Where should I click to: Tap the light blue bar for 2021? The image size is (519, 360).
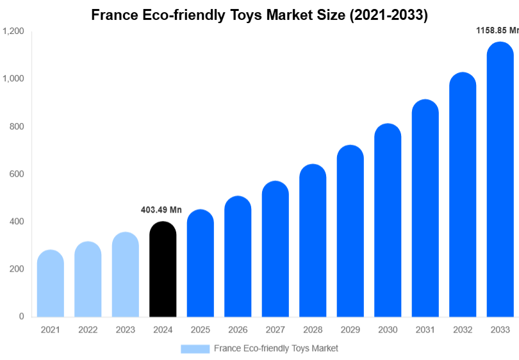[x=51, y=283]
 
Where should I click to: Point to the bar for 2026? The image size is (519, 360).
[x=238, y=256]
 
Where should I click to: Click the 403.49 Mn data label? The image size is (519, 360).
[x=161, y=210]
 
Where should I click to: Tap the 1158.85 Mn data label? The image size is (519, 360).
[x=497, y=30]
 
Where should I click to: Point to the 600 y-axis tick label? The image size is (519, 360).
[x=17, y=174]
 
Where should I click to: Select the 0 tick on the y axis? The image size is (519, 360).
[x=21, y=316]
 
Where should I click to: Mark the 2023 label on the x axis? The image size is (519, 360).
[x=125, y=330]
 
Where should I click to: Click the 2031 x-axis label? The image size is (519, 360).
[x=425, y=330]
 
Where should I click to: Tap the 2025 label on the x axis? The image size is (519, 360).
[x=200, y=330]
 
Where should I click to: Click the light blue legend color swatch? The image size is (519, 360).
[x=195, y=348]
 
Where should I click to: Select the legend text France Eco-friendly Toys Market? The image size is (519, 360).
[x=276, y=348]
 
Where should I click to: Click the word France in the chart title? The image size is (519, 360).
[x=113, y=15]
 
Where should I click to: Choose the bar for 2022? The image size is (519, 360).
[x=88, y=279]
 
